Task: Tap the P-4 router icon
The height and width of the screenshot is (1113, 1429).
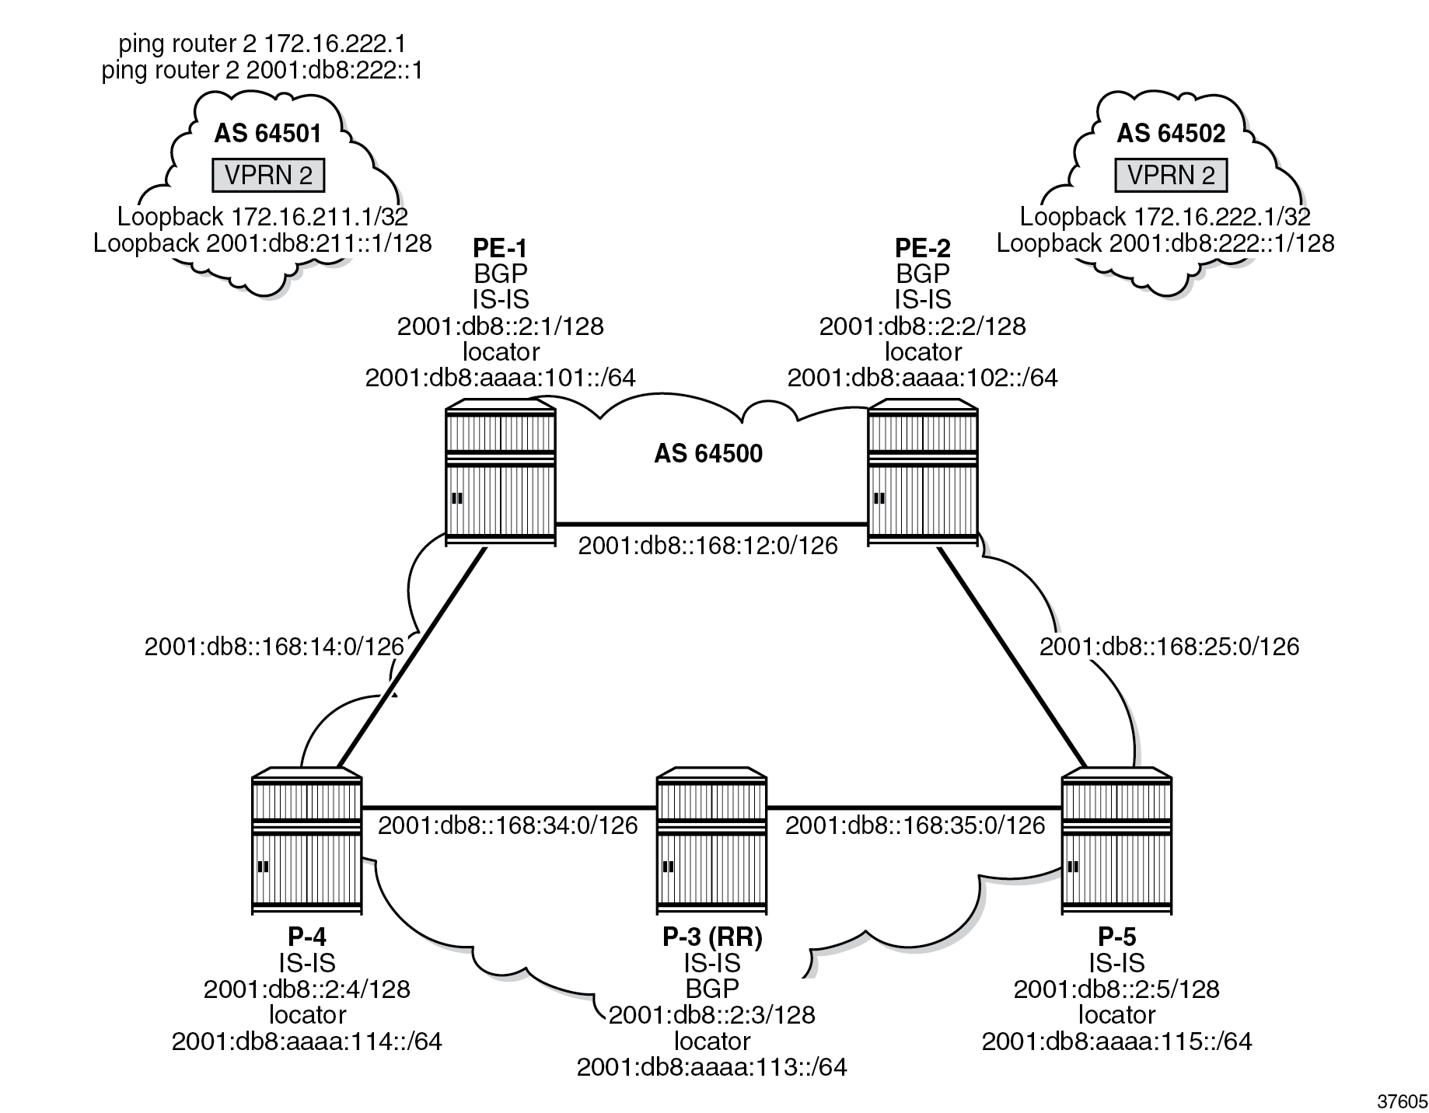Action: (307, 843)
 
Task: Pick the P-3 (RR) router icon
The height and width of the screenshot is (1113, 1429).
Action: (711, 843)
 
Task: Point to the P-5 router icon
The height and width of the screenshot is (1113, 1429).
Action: (1116, 843)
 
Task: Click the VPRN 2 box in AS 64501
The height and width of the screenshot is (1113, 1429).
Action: (268, 176)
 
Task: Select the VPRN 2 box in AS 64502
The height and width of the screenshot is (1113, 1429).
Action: (1171, 176)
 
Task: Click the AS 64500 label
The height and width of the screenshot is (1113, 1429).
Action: (708, 453)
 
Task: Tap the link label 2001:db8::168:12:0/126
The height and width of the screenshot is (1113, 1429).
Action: (708, 546)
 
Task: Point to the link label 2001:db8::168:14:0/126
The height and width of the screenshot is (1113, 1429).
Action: (274, 646)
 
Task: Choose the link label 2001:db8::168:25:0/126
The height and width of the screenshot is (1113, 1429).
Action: (1169, 646)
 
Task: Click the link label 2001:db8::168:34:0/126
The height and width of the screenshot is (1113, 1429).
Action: (508, 825)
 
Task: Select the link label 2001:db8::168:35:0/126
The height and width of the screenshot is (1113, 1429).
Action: (915, 825)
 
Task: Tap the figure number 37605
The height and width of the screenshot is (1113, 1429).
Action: (1402, 1101)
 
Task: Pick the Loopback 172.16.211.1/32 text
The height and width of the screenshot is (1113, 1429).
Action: (263, 216)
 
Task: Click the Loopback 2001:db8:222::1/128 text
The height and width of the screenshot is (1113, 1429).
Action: (1165, 242)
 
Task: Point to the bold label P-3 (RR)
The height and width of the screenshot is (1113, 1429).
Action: (712, 937)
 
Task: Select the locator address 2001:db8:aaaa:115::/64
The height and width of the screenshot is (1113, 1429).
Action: (1116, 1041)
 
